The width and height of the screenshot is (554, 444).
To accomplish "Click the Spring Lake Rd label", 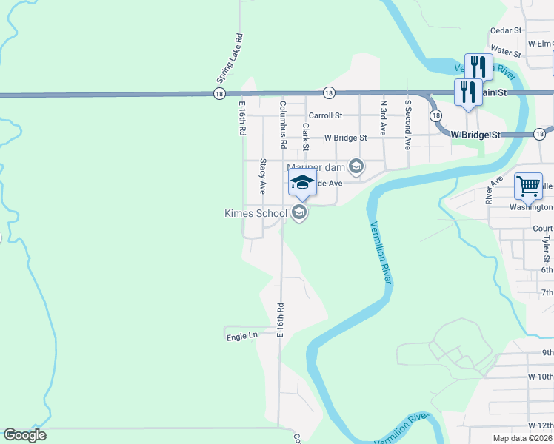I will (230, 58).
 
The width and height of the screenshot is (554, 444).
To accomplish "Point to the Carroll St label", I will (325, 115).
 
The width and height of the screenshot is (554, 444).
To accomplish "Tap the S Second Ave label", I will (407, 124).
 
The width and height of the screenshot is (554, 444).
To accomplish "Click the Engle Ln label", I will (241, 336).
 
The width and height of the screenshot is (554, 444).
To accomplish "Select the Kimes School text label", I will (256, 214).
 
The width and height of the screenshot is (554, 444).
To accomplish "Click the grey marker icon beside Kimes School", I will (299, 213).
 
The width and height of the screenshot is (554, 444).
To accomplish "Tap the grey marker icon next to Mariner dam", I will (356, 166).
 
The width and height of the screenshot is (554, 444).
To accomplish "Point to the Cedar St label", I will (507, 31).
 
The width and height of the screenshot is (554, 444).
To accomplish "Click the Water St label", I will (507, 51).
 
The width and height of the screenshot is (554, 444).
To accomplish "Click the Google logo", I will (24, 435).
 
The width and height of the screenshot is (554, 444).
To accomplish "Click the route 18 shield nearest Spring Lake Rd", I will (218, 93).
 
